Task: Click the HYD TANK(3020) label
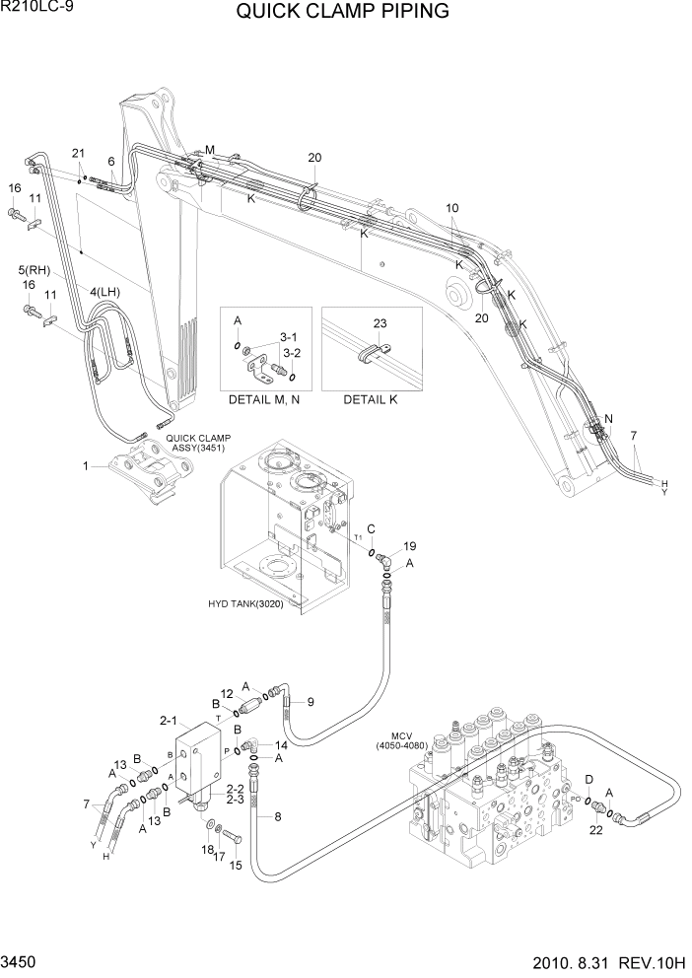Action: (245, 604)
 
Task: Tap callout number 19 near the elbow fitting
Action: (410, 545)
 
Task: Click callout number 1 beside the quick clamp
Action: (86, 464)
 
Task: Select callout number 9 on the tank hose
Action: (311, 702)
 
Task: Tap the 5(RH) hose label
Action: (34, 269)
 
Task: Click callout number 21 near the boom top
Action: (78, 152)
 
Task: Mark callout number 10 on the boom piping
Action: (452, 208)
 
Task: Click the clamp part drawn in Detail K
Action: (370, 352)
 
